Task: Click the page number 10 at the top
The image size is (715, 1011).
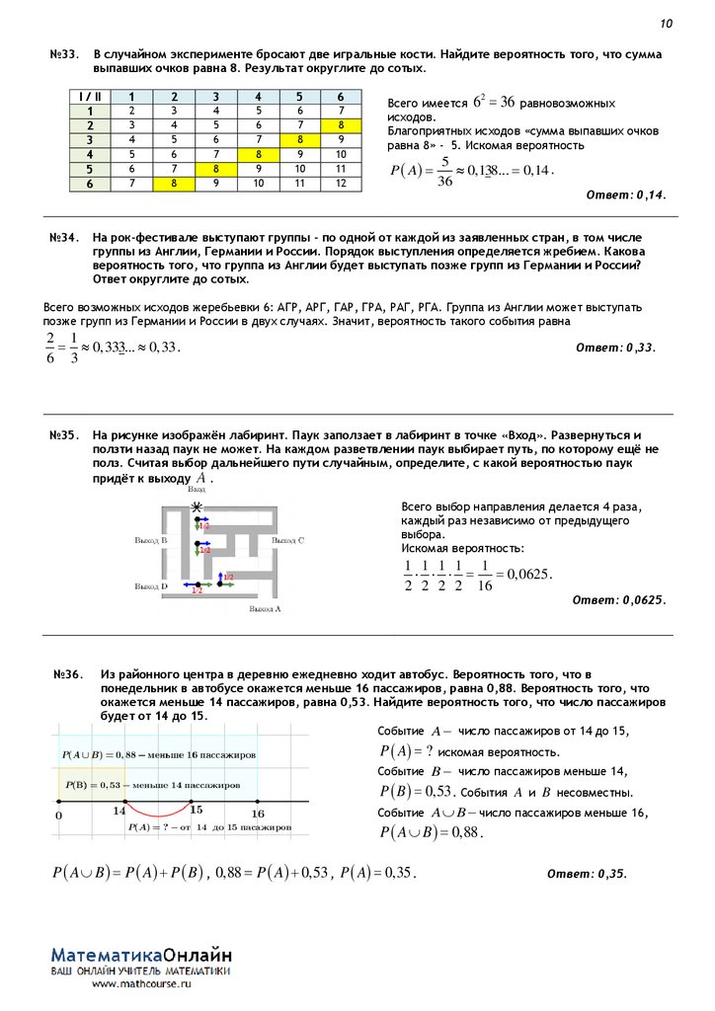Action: tap(666, 24)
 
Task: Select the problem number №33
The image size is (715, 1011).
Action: tap(64, 54)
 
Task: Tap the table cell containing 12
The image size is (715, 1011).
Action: tap(341, 183)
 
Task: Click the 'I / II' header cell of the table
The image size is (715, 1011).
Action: tap(89, 97)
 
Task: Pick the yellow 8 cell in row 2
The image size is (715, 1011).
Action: tap(341, 125)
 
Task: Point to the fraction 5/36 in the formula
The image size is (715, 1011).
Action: tap(445, 171)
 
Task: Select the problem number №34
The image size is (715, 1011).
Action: tap(64, 239)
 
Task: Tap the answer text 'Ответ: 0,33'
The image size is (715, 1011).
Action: tap(615, 348)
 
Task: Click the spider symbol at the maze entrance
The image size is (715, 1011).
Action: tap(198, 507)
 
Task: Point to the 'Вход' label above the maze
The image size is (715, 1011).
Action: tap(198, 490)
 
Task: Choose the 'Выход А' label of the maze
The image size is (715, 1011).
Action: tap(265, 609)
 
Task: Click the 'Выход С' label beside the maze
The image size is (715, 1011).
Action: tap(288, 541)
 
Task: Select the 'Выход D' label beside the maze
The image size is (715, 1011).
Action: tap(150, 585)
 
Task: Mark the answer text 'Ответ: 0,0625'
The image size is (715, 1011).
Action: tap(619, 599)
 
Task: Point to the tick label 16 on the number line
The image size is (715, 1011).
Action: tap(258, 814)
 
